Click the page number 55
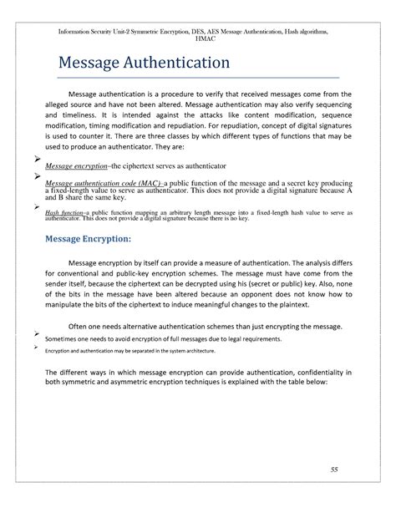(x=333, y=470)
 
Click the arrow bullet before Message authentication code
(x=37, y=176)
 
